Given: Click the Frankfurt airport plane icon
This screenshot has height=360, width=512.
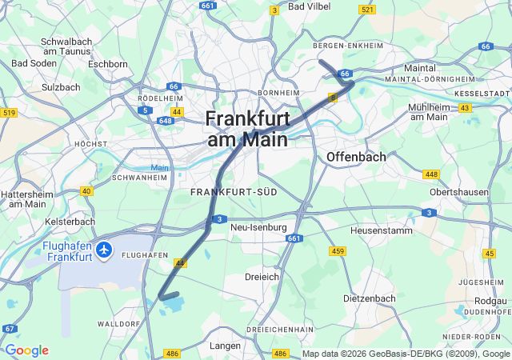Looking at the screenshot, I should [103, 250].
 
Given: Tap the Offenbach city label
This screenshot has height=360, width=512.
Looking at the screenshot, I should [356, 157].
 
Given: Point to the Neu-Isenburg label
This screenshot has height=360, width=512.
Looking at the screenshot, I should [258, 227].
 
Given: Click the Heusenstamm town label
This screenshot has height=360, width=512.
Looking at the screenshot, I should [381, 230].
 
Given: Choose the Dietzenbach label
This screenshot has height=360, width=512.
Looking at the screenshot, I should [369, 298].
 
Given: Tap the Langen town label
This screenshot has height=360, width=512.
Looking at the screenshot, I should [225, 346].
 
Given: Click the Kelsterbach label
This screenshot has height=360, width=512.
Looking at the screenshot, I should [70, 222].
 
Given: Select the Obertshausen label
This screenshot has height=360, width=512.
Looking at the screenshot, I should [458, 193].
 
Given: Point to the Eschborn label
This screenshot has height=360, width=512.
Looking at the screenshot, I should [108, 64].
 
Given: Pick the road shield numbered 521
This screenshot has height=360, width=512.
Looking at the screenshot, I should [367, 10].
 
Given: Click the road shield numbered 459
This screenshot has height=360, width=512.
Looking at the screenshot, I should [337, 251].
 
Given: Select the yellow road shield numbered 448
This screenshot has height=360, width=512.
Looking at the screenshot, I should [431, 174].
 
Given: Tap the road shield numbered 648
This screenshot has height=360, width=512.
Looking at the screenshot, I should [166, 121].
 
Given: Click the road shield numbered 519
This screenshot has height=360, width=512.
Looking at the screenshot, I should [9, 113].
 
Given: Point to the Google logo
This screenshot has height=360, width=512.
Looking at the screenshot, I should [26, 350].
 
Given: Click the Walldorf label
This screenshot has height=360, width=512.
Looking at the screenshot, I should [118, 324].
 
